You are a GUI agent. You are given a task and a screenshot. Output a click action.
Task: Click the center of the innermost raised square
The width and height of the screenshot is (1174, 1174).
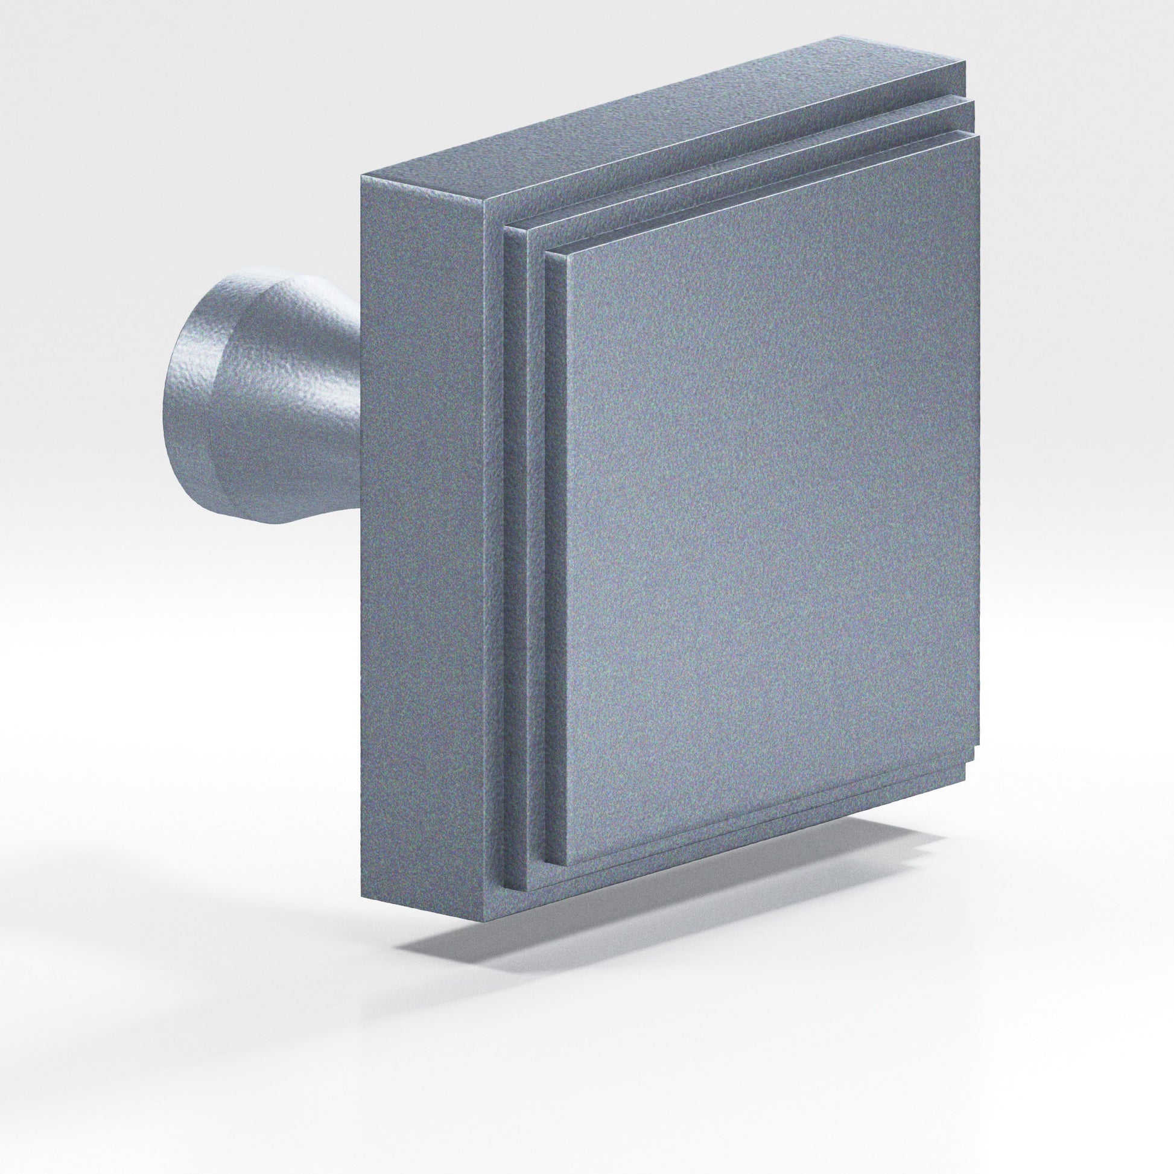point(772,504)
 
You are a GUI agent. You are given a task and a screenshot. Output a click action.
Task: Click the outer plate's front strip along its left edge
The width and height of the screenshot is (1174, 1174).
point(496,577)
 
